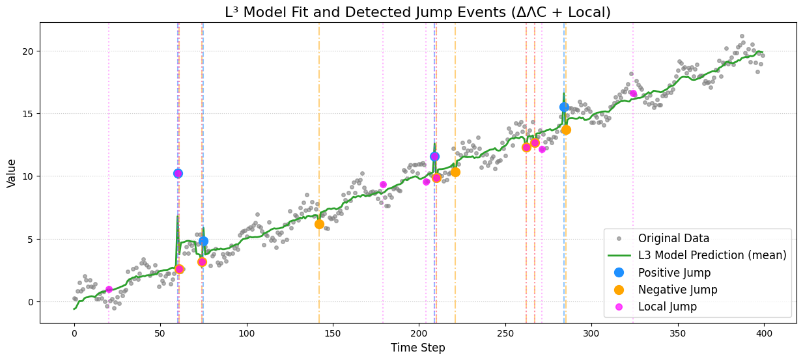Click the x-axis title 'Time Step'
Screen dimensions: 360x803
417,348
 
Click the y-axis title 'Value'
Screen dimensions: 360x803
12,173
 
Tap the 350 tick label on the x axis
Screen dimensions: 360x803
677,333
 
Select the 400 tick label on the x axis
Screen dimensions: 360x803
763,333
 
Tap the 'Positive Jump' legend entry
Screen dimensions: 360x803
674,273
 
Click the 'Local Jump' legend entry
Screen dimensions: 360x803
667,307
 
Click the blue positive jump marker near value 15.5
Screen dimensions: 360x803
564,107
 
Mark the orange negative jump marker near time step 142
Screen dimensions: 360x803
319,224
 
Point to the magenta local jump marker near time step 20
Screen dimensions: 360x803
109,289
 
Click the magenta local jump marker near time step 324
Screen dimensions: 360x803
633,94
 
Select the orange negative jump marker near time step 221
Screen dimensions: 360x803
455,172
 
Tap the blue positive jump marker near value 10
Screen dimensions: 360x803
178,173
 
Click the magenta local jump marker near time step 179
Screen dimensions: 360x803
383,185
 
